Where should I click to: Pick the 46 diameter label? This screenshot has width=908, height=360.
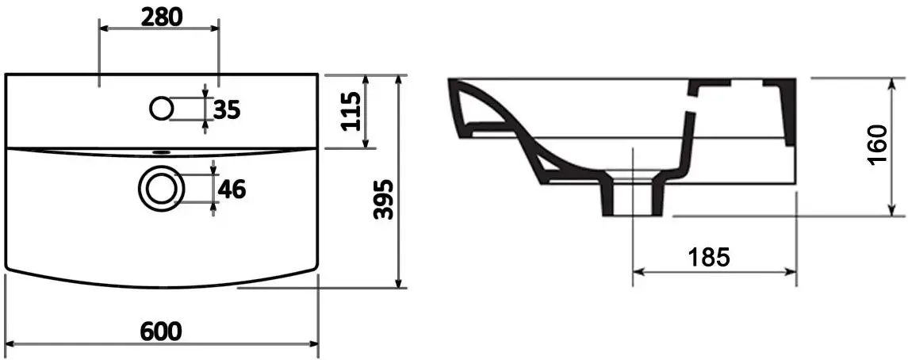231,189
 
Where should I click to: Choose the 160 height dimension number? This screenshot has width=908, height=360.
875,146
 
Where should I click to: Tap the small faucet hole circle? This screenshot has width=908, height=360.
161,107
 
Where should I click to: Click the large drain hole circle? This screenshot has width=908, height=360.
161,187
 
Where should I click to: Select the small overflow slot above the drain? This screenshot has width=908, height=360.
161,151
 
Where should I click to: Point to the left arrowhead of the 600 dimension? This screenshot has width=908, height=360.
10,345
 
